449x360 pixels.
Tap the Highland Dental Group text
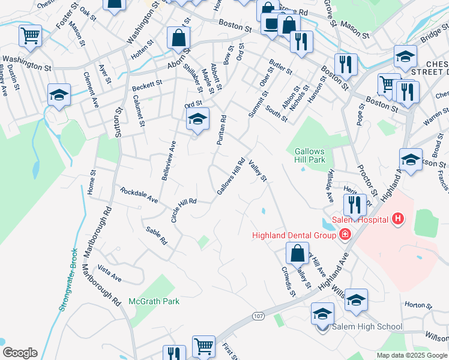pos(294,235)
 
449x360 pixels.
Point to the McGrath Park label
pos(154,301)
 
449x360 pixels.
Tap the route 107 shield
pos(259,316)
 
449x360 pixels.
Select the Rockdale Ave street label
pos(139,194)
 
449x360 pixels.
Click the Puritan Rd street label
pos(221,130)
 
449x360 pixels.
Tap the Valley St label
pos(257,170)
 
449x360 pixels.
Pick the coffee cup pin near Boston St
pos(272,25)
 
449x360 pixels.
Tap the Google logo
pos(20,353)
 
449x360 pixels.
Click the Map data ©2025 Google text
pos(412,355)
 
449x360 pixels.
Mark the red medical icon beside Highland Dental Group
pos(345,234)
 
